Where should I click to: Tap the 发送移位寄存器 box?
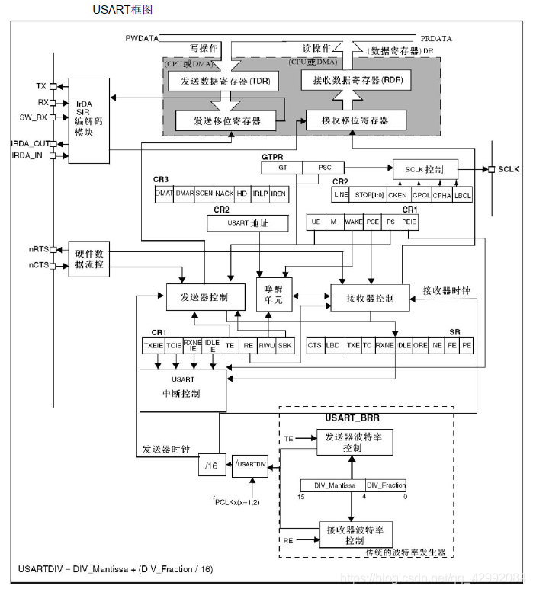(x=226, y=120)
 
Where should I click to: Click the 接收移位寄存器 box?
(x=355, y=120)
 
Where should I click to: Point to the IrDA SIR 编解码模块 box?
(x=88, y=120)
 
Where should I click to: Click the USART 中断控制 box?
(x=182, y=388)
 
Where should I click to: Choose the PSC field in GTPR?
(x=323, y=167)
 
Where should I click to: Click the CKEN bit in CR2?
(x=397, y=194)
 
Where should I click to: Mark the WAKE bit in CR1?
(x=353, y=221)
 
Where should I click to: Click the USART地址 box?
(x=248, y=222)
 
